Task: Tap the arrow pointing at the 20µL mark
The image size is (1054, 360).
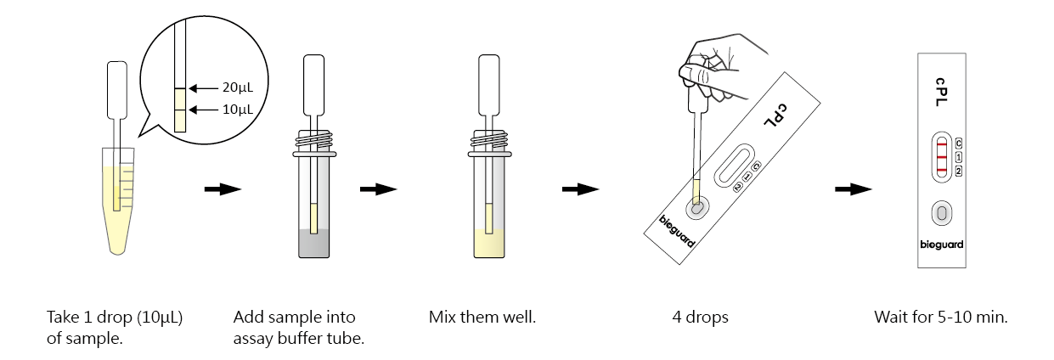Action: (204, 87)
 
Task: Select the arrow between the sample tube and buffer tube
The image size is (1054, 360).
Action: (223, 188)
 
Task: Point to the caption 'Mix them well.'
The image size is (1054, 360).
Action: (482, 318)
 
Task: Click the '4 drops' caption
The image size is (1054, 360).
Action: (700, 318)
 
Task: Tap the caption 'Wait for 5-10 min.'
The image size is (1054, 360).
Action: (940, 318)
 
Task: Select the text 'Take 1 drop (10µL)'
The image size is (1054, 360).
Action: (115, 318)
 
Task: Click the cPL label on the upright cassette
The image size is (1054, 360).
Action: (941, 89)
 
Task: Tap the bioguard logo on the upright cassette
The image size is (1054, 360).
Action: (941, 245)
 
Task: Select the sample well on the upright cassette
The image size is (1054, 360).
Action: (941, 212)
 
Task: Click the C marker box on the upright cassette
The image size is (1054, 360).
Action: (958, 143)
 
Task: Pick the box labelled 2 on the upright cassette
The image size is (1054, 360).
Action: (958, 172)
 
